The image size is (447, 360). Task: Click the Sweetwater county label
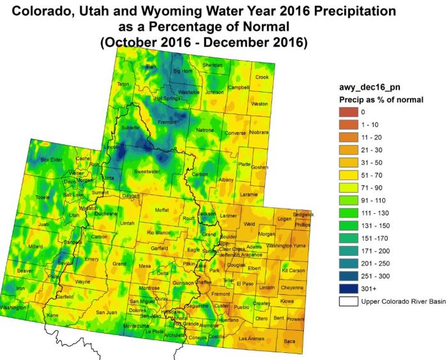148,172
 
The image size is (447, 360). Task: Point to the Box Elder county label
52,160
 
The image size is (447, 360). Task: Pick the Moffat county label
162,209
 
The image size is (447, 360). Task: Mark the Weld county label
249,224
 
